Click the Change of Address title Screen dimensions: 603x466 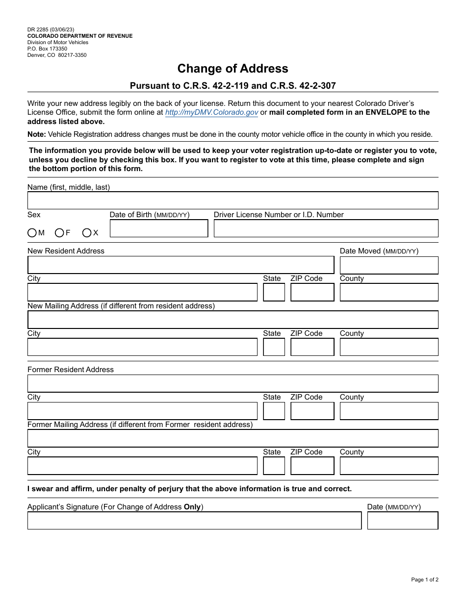(x=233, y=68)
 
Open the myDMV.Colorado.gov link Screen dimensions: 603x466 (x=211, y=112)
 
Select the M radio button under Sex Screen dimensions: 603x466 (x=32, y=233)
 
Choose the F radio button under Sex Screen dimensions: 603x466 (x=59, y=233)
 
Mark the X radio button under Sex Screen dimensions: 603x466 (x=87, y=233)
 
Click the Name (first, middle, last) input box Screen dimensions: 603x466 (x=233, y=201)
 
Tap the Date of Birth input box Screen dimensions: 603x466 (x=158, y=228)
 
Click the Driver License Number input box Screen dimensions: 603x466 (x=326, y=228)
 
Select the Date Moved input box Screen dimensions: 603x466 (x=388, y=265)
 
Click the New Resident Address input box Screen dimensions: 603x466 (x=181, y=265)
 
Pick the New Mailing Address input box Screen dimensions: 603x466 (x=233, y=320)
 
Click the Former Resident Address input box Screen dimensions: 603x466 (x=233, y=383)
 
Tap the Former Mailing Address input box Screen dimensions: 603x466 (x=233, y=438)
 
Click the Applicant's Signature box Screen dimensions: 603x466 (x=194, y=521)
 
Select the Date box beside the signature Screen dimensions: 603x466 (x=402, y=521)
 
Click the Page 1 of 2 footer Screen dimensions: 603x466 (x=424, y=580)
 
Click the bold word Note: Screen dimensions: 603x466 (x=37, y=134)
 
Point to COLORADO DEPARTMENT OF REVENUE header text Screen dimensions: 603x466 (x=79, y=36)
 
